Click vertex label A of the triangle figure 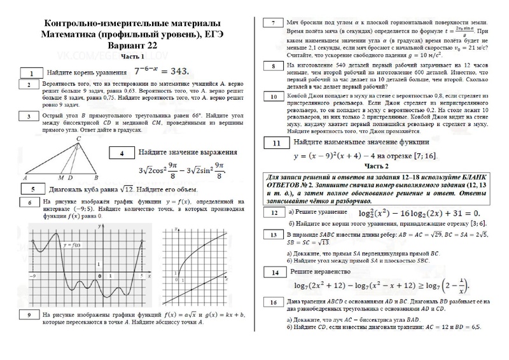pyautogui.click(x=24, y=178)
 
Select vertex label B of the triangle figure pyautogui.click(x=95, y=178)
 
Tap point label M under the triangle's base pyautogui.click(x=60, y=178)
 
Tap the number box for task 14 pyautogui.click(x=274, y=273)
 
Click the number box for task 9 pyautogui.click(x=28, y=315)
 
